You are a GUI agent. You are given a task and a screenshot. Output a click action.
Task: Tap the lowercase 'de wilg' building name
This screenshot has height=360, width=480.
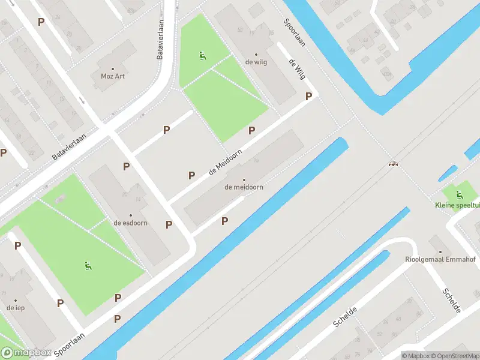(x=256, y=62)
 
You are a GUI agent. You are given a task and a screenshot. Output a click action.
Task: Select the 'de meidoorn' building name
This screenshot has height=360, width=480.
(x=244, y=187)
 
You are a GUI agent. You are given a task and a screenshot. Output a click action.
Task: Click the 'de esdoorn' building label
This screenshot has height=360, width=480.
(x=131, y=223)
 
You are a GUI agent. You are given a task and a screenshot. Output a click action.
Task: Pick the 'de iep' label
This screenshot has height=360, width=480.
(x=15, y=307)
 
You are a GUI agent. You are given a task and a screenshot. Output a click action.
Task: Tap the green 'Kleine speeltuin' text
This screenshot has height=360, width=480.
(x=458, y=205)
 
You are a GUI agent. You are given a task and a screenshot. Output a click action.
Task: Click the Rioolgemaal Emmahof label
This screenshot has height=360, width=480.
(x=440, y=260)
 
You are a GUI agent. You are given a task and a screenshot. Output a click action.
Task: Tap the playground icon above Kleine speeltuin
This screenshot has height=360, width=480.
(x=459, y=194)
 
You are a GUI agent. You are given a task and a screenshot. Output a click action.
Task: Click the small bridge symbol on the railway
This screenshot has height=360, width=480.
(x=394, y=163)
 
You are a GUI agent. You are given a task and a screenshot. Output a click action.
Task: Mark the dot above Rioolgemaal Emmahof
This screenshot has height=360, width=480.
(x=440, y=252)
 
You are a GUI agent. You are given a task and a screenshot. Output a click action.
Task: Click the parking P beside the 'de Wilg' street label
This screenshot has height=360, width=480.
(x=309, y=96)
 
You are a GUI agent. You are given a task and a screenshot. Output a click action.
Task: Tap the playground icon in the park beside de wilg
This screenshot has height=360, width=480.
(x=202, y=56)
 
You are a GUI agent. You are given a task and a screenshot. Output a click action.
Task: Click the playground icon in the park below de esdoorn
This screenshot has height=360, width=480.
(x=88, y=266)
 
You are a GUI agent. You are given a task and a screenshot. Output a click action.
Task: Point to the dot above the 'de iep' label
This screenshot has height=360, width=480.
(x=15, y=299)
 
